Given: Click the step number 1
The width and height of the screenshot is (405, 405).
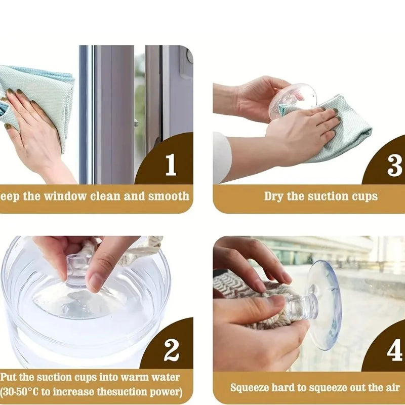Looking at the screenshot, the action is (x=171, y=165).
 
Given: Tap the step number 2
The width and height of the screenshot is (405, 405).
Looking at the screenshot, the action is (x=172, y=350).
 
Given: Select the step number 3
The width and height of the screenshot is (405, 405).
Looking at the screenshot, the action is (x=394, y=166).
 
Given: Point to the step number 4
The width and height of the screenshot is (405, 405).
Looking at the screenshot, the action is (x=395, y=350).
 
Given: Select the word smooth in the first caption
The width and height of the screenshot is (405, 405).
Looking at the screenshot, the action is (x=169, y=196).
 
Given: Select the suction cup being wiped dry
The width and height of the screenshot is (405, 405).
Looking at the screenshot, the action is (x=292, y=101).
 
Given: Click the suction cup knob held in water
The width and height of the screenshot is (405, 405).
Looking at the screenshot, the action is (x=77, y=270).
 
